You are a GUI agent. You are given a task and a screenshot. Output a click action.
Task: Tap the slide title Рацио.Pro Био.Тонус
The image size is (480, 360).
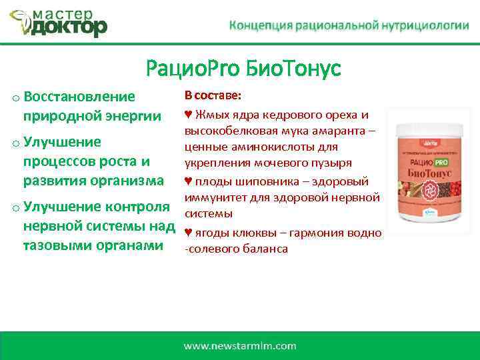243,68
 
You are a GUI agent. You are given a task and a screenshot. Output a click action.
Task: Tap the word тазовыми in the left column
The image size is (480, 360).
56,245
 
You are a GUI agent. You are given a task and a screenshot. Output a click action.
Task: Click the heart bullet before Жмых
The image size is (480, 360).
188,115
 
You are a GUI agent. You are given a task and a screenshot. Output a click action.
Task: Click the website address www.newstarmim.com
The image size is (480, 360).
240,345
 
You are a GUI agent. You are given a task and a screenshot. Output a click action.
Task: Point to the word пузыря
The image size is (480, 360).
333,163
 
